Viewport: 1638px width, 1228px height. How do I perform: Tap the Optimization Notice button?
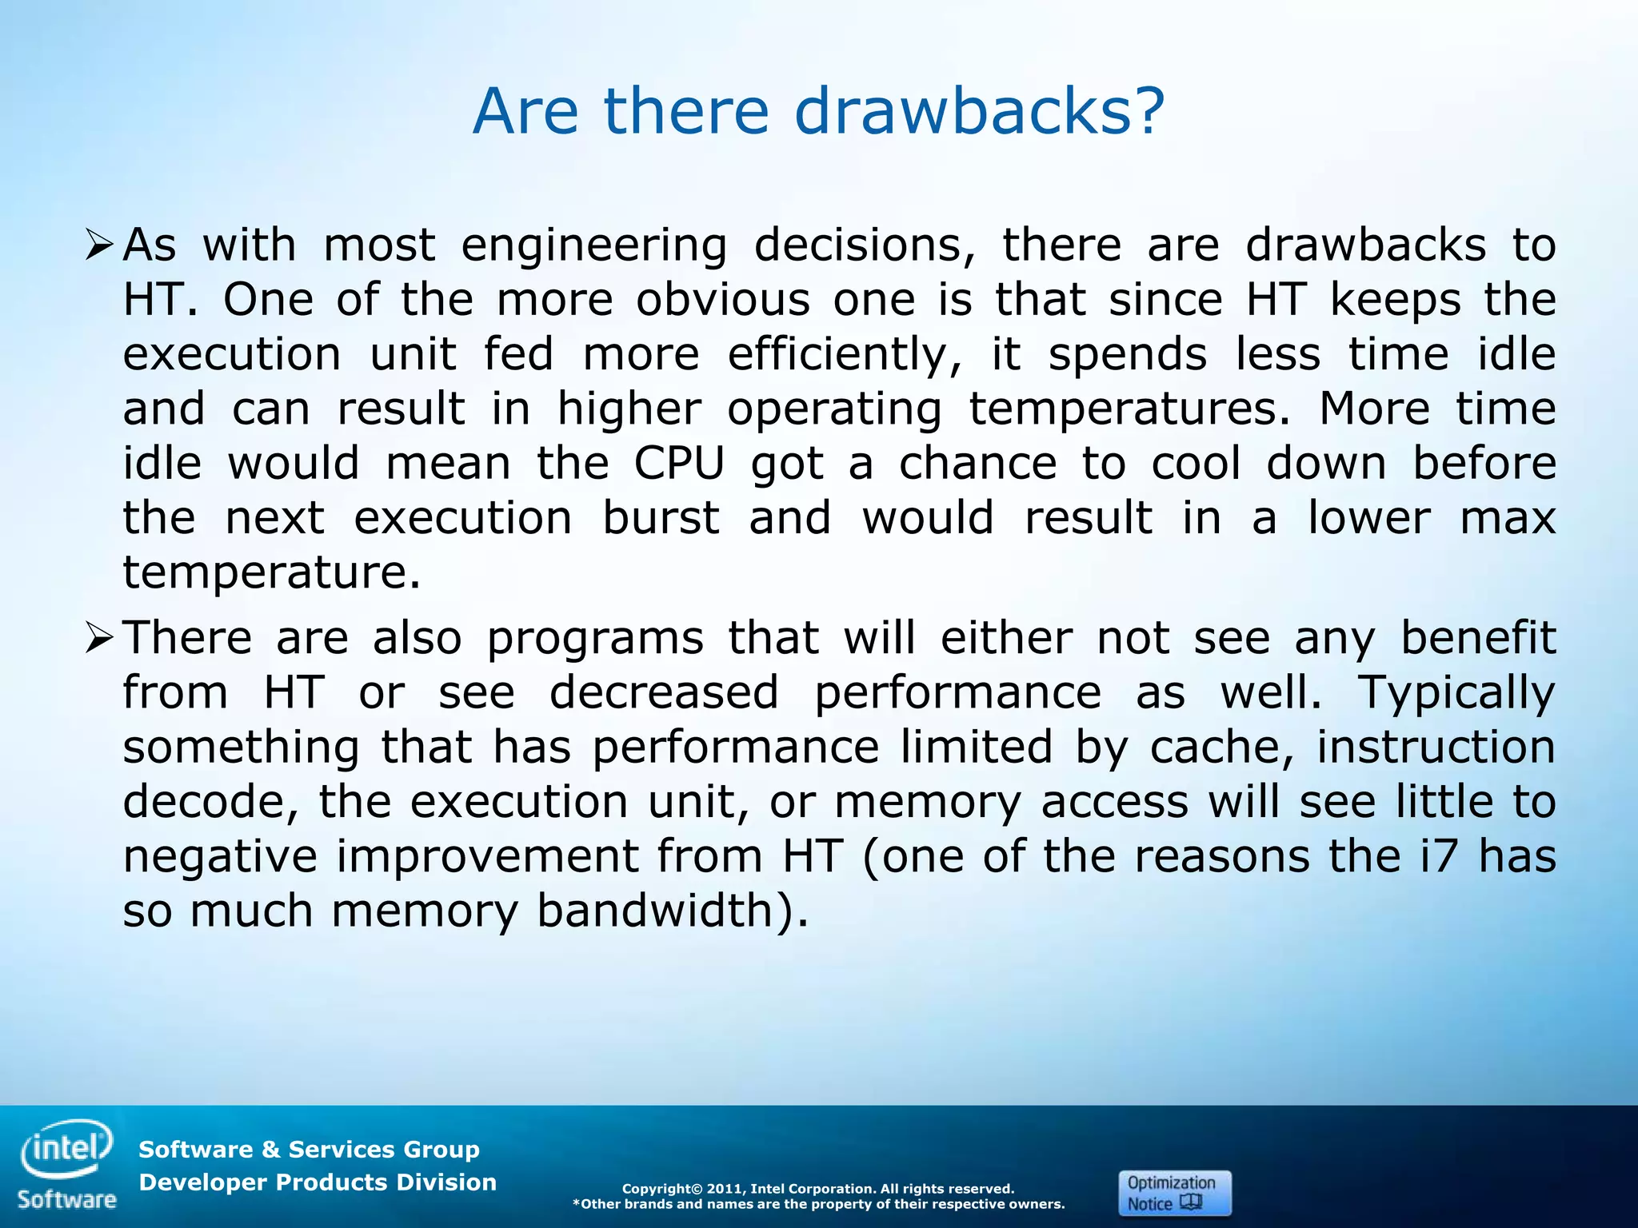pyautogui.click(x=1174, y=1193)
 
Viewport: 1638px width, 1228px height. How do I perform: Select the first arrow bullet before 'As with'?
pyautogui.click(x=101, y=245)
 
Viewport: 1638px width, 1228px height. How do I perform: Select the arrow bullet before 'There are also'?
pyautogui.click(x=101, y=638)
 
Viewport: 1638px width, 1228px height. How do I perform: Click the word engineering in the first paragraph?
pyautogui.click(x=593, y=246)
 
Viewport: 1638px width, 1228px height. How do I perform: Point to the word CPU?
pyautogui.click(x=679, y=463)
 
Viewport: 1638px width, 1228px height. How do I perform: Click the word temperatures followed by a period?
pyautogui.click(x=1128, y=410)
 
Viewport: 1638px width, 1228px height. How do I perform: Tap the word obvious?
pyautogui.click(x=722, y=301)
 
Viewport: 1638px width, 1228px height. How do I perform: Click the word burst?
pyautogui.click(x=661, y=518)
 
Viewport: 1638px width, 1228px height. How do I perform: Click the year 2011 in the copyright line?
pyautogui.click(x=725, y=1189)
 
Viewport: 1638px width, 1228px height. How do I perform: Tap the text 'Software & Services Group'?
pyautogui.click(x=309, y=1150)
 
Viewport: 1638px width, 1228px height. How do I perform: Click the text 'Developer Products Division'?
pyautogui.click(x=318, y=1182)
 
